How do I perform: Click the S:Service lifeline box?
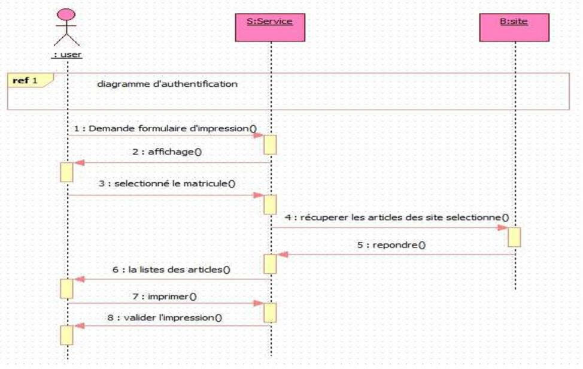pos(269,26)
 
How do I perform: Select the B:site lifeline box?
pos(514,26)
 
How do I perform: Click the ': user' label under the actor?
pos(67,55)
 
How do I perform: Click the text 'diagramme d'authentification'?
pos(167,84)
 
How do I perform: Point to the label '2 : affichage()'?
pos(167,152)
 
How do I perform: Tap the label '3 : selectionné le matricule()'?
pos(166,184)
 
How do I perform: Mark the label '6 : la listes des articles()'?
pos(171,270)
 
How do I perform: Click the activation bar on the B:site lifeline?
pos(514,237)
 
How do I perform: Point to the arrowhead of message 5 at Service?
pos(282,255)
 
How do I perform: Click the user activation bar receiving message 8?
pos(66,335)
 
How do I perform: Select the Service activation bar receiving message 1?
pos(270,144)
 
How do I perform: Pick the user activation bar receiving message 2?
pos(66,172)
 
